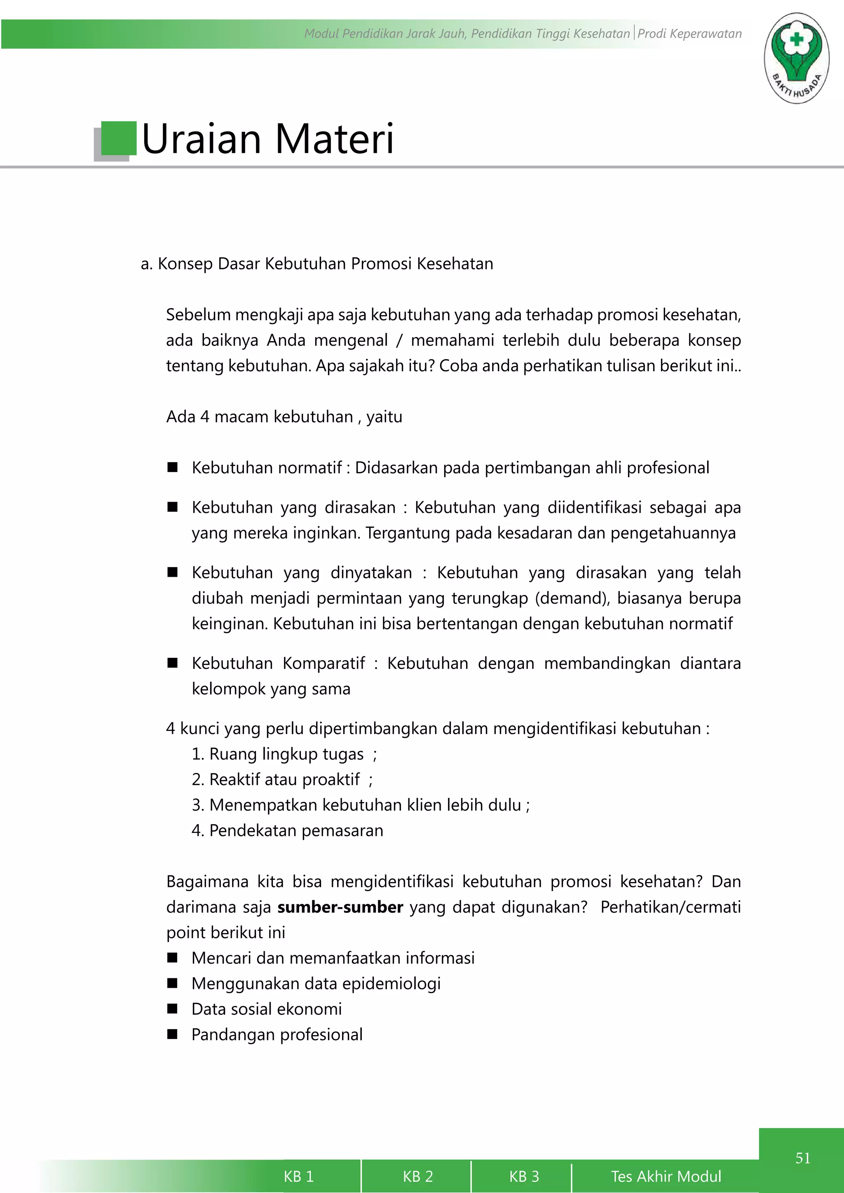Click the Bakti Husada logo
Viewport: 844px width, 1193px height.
pos(796,58)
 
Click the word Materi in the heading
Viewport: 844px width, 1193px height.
pos(334,139)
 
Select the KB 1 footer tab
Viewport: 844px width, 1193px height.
pos(298,1176)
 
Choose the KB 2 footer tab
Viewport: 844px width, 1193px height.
pos(417,1176)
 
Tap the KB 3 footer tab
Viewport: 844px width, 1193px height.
pos(524,1176)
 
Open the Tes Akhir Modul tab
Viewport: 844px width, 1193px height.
pos(666,1176)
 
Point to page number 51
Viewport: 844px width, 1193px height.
pos(802,1158)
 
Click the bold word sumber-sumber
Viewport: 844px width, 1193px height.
pos(340,907)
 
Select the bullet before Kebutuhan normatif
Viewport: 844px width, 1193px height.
pos(173,467)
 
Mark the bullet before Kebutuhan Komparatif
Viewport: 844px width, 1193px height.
pos(173,662)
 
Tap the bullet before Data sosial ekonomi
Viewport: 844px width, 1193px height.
pos(173,1008)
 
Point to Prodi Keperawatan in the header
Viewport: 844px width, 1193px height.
pos(689,34)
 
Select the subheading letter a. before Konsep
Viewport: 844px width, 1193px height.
pos(146,264)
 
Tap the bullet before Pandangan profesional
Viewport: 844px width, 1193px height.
pos(173,1034)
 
